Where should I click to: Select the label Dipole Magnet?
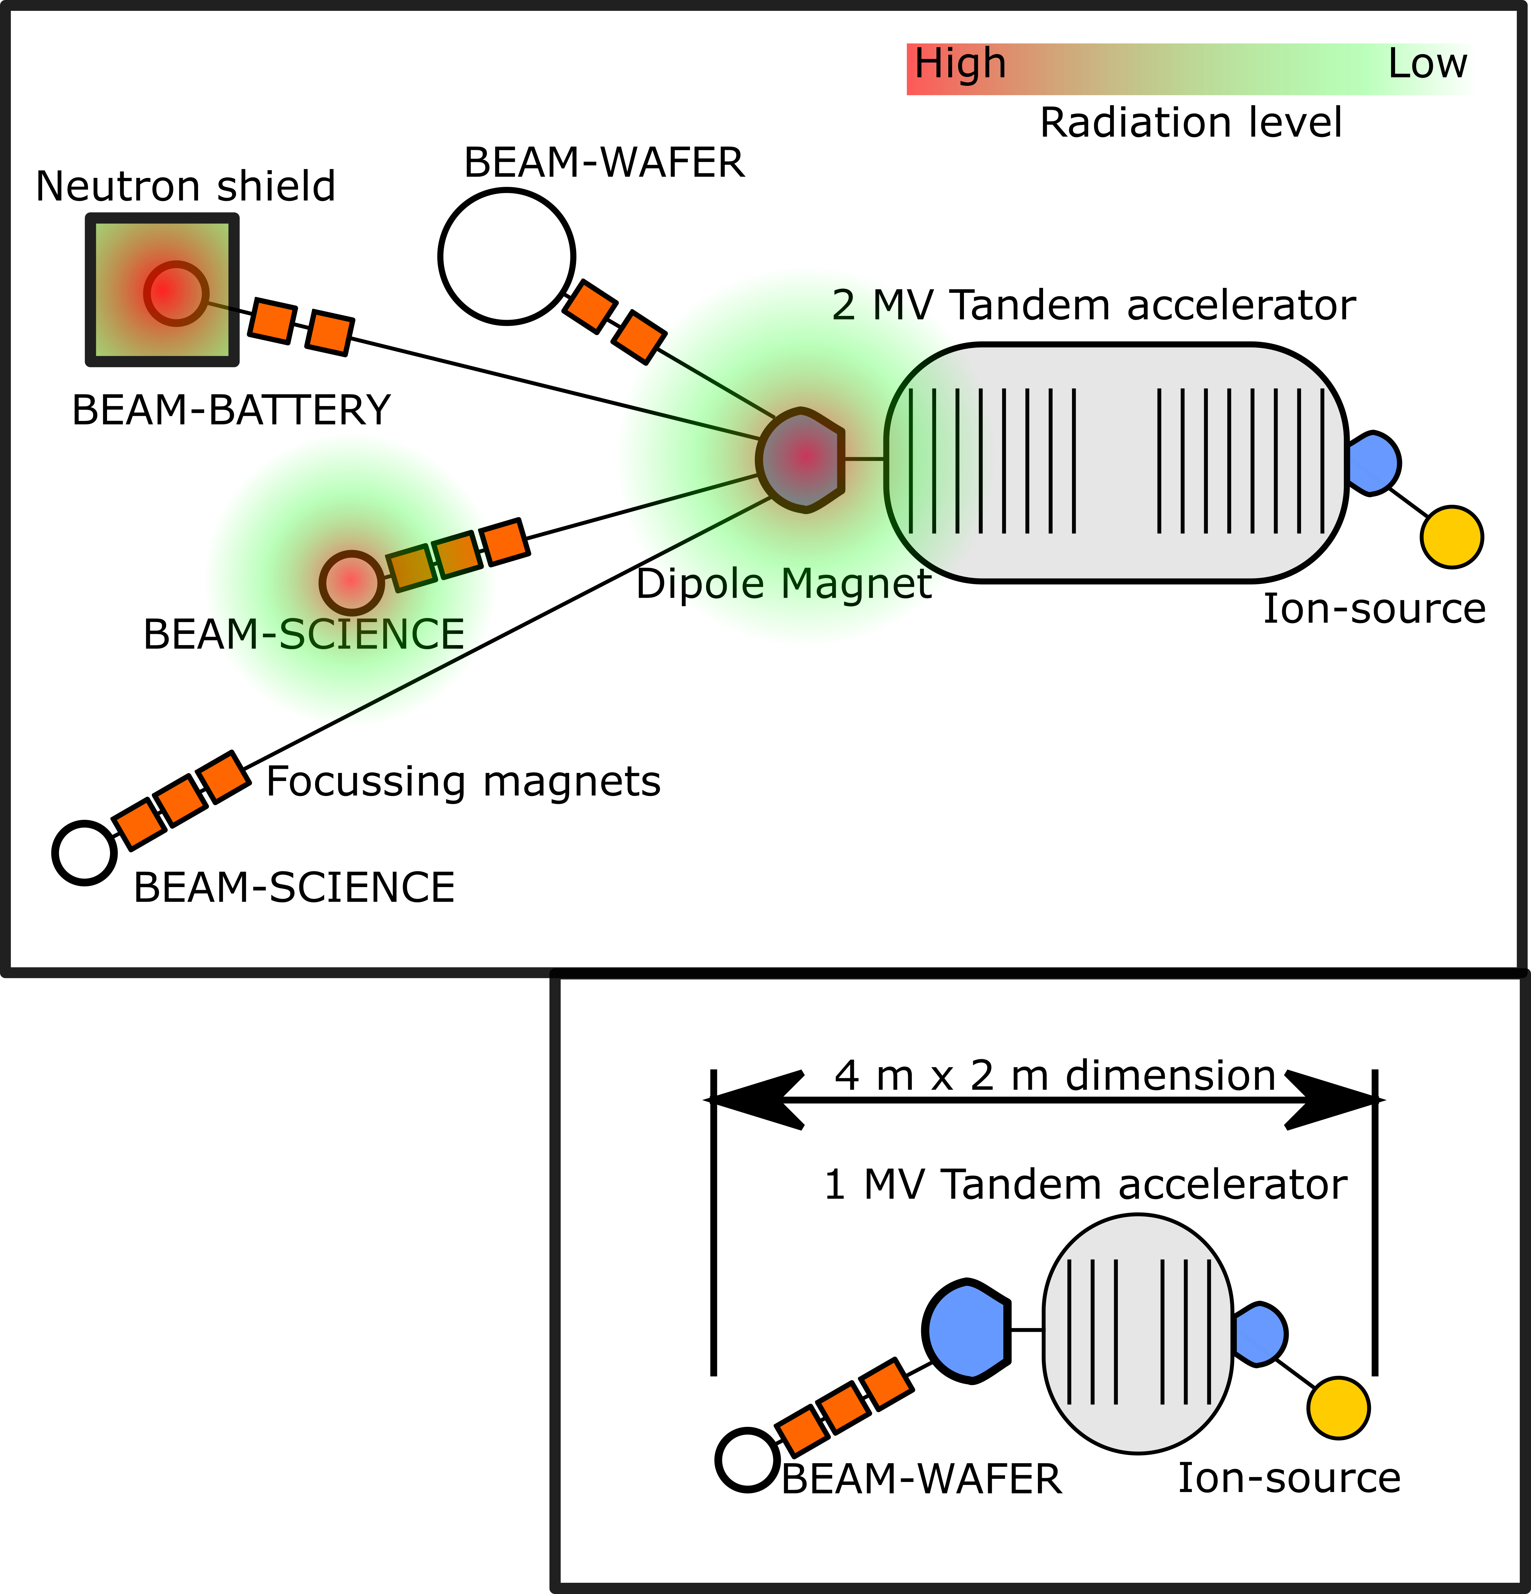pos(793,584)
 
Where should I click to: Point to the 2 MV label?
pos(879,306)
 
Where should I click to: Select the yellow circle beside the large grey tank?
pos(1451,537)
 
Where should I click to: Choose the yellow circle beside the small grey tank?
pos(1338,1408)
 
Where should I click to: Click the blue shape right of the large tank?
pos(1373,464)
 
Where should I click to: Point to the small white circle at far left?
pos(85,853)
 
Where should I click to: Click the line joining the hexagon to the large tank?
pos(864,460)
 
